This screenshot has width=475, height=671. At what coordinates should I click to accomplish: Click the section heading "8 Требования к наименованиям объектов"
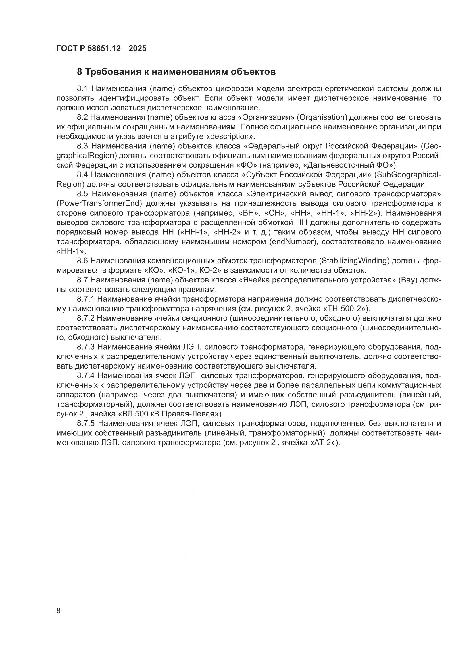[x=176, y=72]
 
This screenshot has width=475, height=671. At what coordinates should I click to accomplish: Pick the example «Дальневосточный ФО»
[x=350, y=165]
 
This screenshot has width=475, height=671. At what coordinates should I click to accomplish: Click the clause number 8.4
[x=83, y=175]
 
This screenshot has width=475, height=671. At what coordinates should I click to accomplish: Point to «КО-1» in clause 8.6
[x=183, y=270]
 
